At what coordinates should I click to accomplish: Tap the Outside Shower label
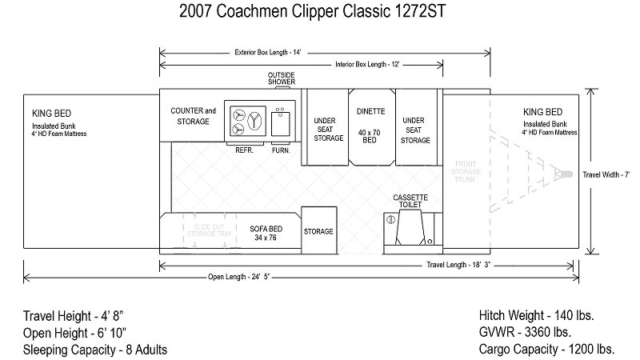coord(281,78)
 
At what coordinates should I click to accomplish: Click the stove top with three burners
coord(245,121)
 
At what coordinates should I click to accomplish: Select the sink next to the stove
coord(281,123)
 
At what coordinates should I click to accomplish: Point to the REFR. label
coord(246,150)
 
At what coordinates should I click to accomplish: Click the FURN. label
coord(281,150)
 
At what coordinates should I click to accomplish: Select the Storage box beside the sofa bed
coord(318,232)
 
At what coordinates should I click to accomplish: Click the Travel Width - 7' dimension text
coord(607,174)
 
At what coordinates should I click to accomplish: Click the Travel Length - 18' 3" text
coord(458,265)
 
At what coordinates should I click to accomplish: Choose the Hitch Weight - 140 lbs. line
coord(535,314)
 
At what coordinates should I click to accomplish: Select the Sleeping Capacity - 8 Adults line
coord(95,350)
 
